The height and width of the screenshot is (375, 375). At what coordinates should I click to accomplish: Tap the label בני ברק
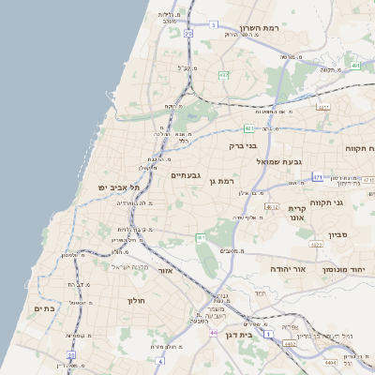pyautogui.click(x=243, y=145)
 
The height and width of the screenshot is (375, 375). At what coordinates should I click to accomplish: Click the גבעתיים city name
pyautogui.click(x=187, y=174)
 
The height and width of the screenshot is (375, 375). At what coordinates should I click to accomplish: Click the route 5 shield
pyautogui.click(x=214, y=24)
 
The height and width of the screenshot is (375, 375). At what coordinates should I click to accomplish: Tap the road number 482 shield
pyautogui.click(x=224, y=74)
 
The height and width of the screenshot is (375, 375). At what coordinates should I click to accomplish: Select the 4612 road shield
pyautogui.click(x=272, y=205)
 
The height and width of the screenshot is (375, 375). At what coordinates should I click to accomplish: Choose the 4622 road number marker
pyautogui.click(x=316, y=245)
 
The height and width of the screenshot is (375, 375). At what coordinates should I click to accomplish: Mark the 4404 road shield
pyautogui.click(x=329, y=361)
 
